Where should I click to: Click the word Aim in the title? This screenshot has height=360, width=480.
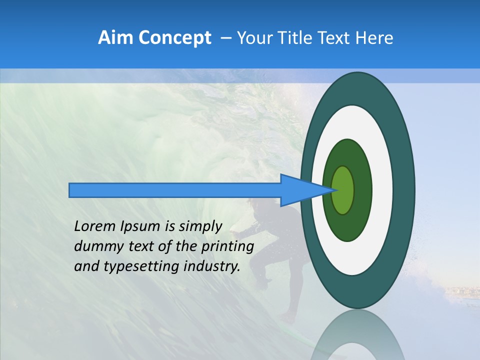[x=116, y=38]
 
